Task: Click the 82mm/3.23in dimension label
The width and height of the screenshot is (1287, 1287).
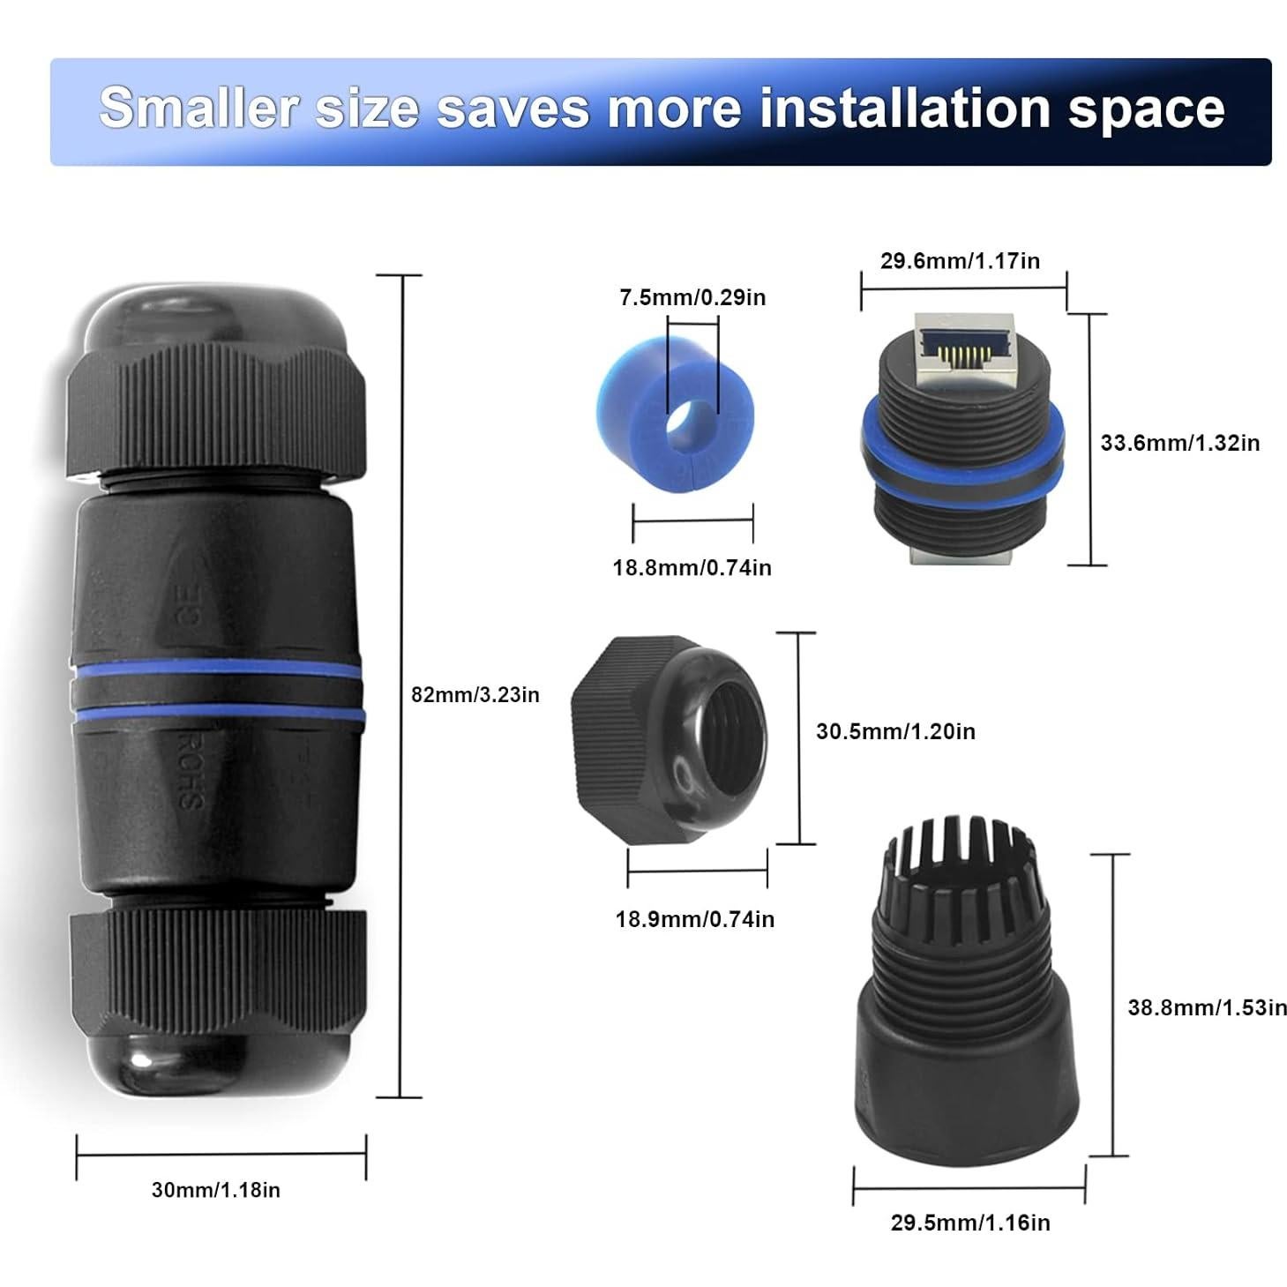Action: pos(475,695)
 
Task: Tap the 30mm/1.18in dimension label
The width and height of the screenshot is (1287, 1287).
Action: pos(215,1190)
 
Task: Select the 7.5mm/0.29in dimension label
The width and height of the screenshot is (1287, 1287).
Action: pos(692,297)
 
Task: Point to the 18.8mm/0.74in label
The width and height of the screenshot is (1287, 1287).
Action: pos(692,567)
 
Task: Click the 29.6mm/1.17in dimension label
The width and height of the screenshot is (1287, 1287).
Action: pos(960,261)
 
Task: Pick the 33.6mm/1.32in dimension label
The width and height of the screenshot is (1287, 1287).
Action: pos(1179,442)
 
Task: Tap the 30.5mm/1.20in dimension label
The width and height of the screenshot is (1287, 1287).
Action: pos(895,731)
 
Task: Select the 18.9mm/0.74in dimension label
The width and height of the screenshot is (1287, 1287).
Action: pos(695,919)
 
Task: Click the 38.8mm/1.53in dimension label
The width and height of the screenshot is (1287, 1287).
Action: pos(1207,1006)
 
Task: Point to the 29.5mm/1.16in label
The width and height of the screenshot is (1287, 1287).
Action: pos(970,1223)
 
